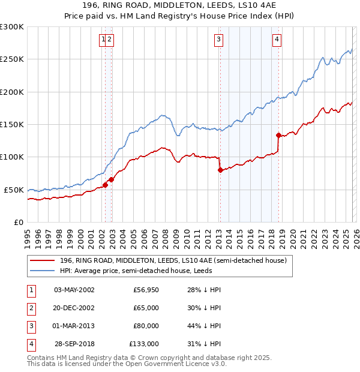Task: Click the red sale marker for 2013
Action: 220,170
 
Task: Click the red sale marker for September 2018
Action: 278,135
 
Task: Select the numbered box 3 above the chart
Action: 218,40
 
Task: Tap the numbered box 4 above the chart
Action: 277,40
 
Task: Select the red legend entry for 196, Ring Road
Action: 175,260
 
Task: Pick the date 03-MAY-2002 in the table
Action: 74,290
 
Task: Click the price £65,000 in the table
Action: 146,308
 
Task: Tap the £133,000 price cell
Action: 144,344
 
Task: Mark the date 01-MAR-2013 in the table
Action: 74,326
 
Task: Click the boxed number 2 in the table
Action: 31,308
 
